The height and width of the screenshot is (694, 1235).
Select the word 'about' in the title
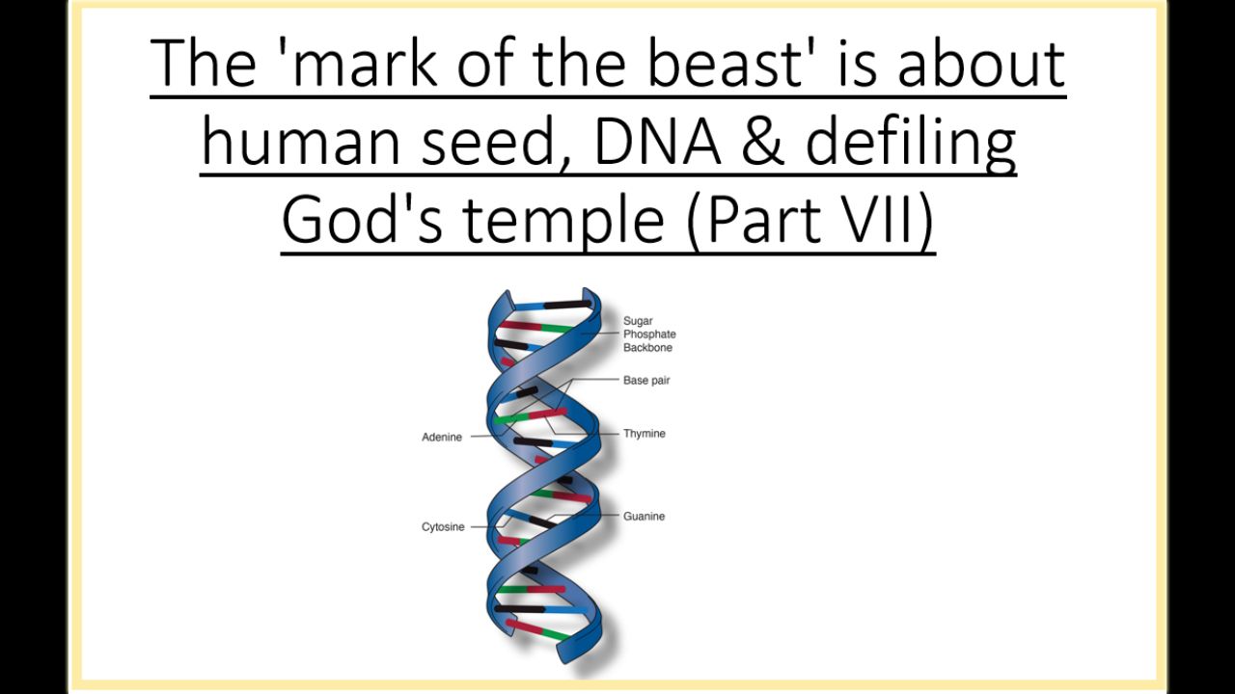(981, 63)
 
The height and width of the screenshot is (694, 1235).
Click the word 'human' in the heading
(301, 140)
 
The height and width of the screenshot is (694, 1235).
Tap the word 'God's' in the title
(362, 219)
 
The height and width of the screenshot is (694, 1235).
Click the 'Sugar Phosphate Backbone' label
(649, 334)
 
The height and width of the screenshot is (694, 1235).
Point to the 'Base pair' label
(646, 380)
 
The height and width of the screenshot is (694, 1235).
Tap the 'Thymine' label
(644, 434)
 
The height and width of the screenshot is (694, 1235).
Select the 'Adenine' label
(442, 437)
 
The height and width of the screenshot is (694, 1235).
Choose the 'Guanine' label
(644, 516)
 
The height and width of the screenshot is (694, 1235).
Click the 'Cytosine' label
(443, 526)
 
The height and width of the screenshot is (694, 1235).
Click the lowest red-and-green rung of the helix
(538, 629)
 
